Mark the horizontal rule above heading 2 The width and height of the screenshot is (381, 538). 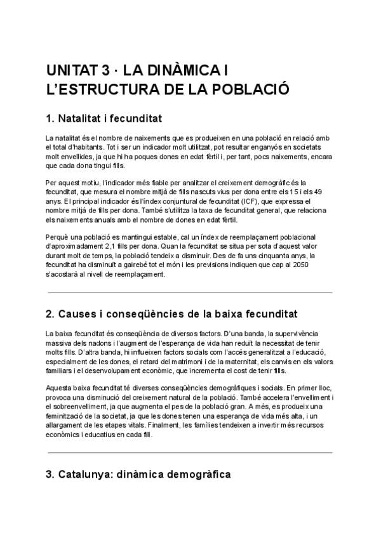(190, 292)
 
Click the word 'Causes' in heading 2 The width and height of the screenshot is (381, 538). (80, 314)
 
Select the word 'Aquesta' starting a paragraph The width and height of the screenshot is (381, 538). (59, 388)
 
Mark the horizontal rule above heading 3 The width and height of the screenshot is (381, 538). (190, 453)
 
